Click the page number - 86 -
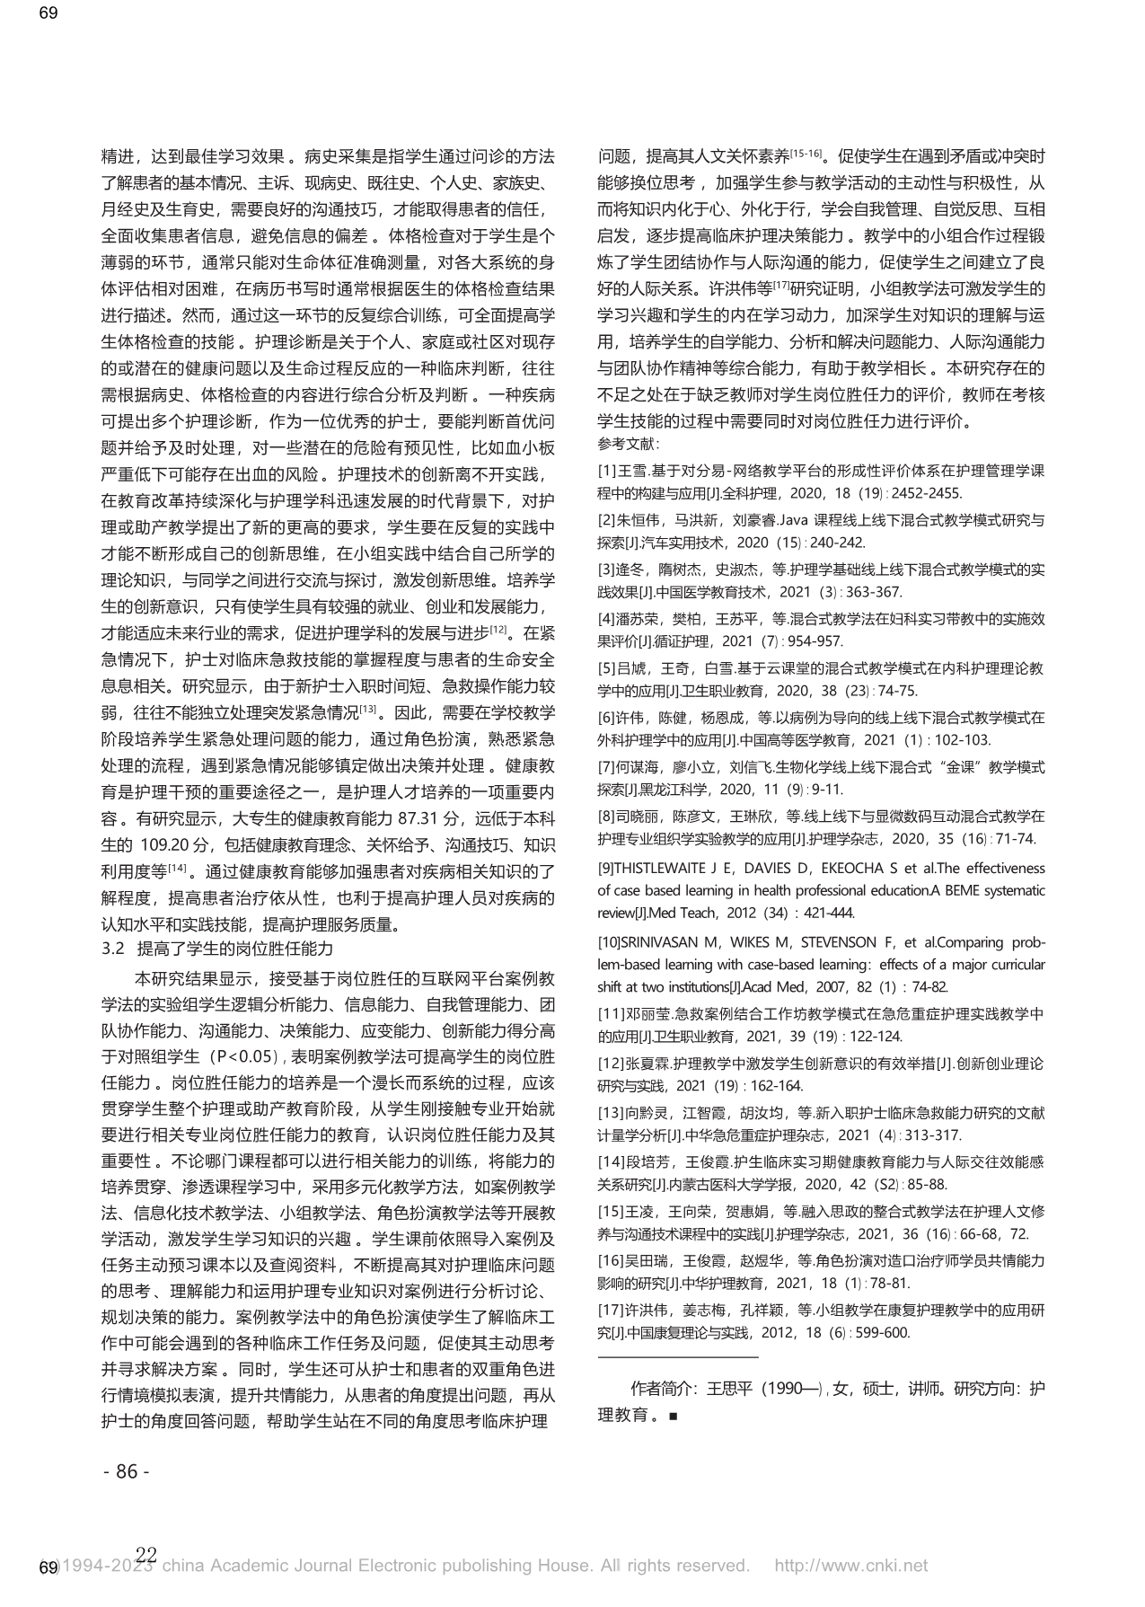128,1471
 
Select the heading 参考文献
628,443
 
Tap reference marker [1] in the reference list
606,471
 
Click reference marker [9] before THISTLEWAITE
607,869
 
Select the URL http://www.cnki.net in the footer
850,1566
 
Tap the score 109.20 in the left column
165,845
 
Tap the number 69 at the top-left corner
48,13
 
